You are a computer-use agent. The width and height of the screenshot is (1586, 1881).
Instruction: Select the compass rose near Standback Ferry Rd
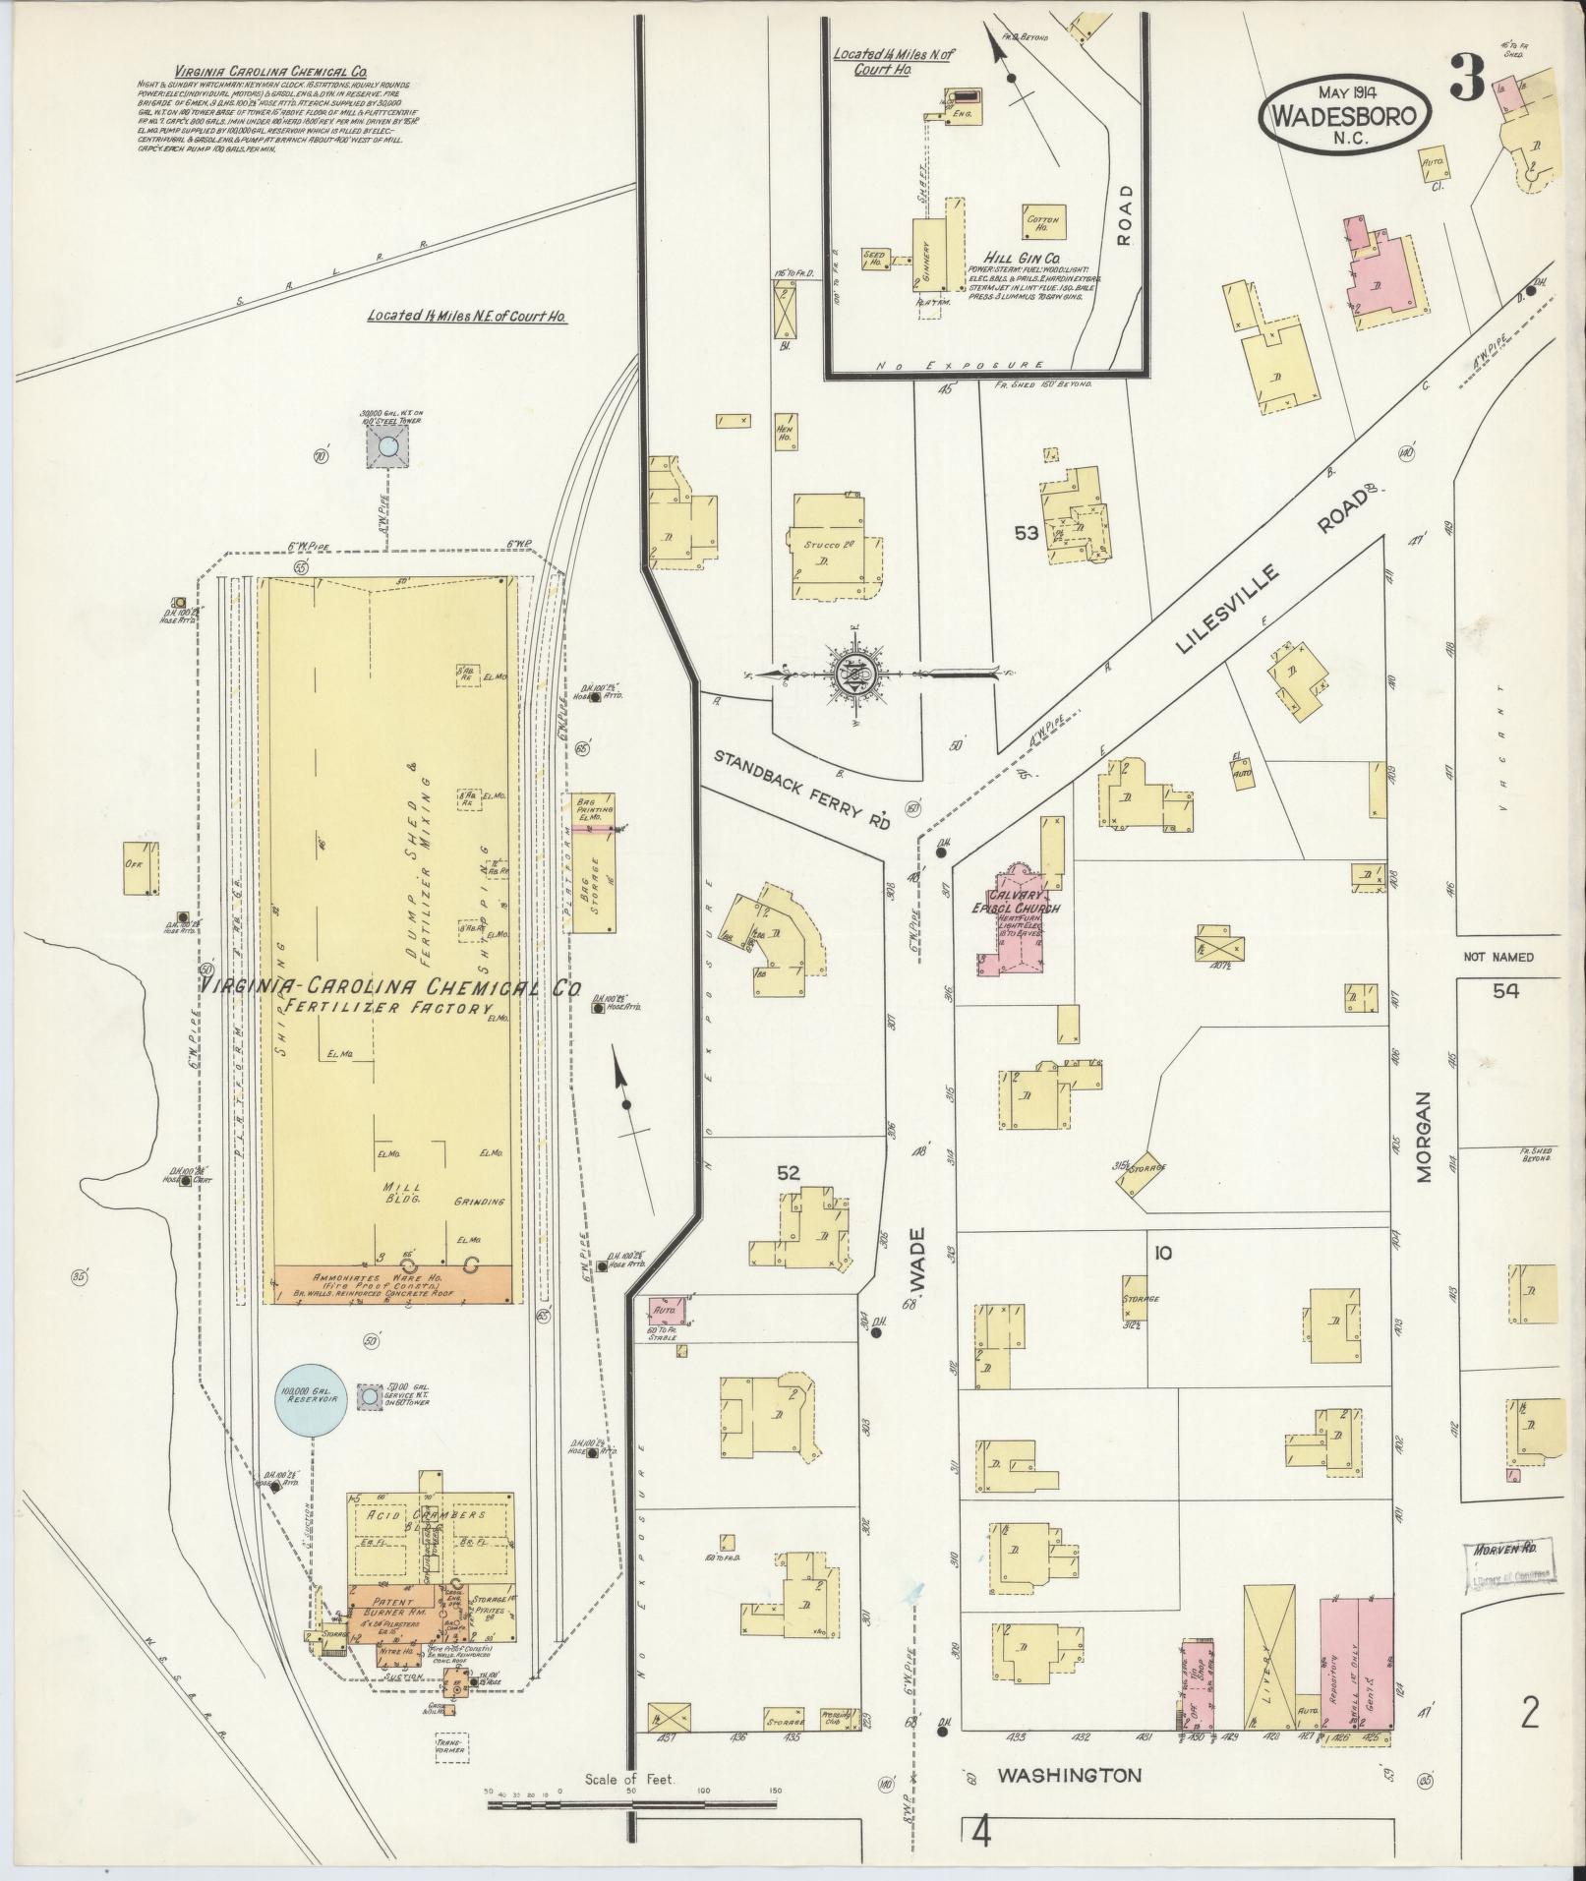click(x=853, y=675)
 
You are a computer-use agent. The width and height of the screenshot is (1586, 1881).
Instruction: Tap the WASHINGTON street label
click(x=1070, y=1776)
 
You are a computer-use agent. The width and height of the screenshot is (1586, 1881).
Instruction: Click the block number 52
click(x=789, y=1172)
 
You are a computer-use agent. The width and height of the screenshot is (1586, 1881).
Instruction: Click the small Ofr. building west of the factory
click(x=136, y=867)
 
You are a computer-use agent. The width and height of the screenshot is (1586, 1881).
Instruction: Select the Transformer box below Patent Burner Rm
click(x=450, y=1745)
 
